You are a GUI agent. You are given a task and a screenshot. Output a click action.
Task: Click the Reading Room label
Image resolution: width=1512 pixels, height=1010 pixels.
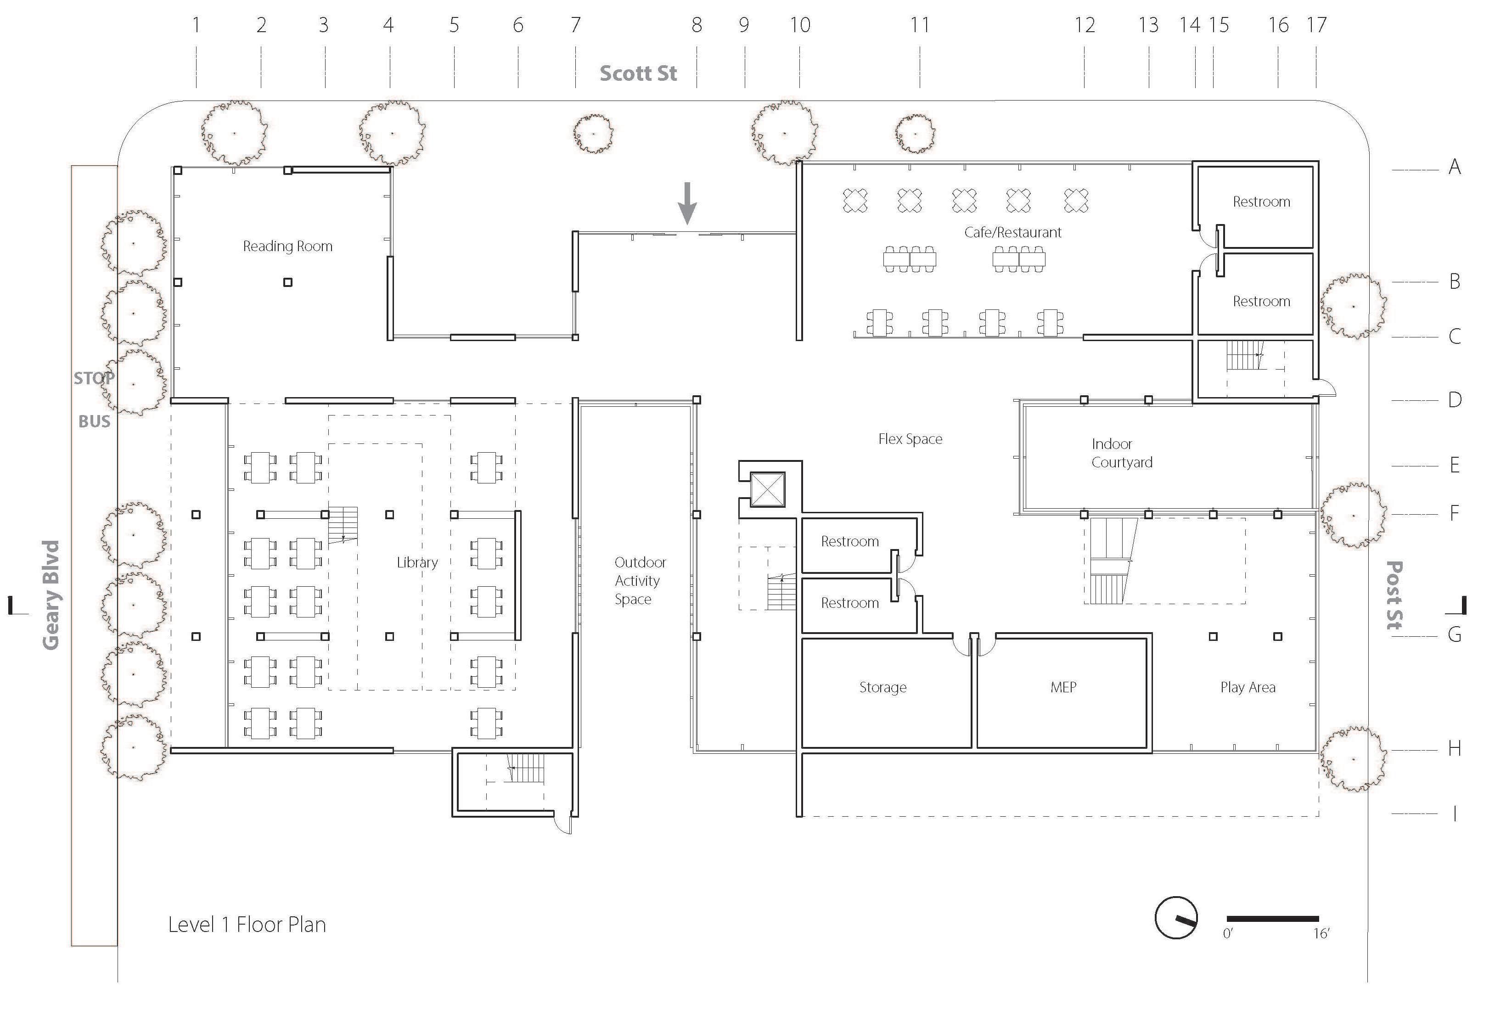click(x=287, y=246)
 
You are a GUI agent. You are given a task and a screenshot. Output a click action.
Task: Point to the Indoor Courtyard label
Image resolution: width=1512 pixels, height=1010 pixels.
click(x=1121, y=453)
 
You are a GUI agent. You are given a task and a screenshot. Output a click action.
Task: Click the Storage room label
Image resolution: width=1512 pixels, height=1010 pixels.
click(x=882, y=687)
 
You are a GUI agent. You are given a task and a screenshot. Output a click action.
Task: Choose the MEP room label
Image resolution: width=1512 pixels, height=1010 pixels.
click(x=1063, y=687)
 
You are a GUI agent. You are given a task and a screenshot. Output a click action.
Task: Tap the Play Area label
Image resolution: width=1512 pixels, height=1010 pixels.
click(x=1247, y=687)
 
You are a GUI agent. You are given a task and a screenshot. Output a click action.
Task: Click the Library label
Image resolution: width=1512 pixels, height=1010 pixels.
click(x=417, y=562)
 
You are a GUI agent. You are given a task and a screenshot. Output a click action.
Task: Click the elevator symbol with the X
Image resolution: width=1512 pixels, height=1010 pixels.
click(x=768, y=489)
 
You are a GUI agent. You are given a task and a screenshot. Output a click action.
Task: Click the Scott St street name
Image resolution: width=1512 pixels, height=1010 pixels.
click(x=638, y=73)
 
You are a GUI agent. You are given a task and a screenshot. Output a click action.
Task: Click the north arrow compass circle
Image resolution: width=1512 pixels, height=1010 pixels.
click(x=1176, y=917)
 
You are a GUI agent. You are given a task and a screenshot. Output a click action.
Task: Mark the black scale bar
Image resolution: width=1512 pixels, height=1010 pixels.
click(x=1272, y=919)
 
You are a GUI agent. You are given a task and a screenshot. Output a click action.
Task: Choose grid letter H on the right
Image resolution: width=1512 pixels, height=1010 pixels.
click(x=1454, y=748)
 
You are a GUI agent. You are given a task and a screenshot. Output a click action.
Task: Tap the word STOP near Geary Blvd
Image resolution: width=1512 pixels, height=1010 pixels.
click(x=94, y=378)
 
